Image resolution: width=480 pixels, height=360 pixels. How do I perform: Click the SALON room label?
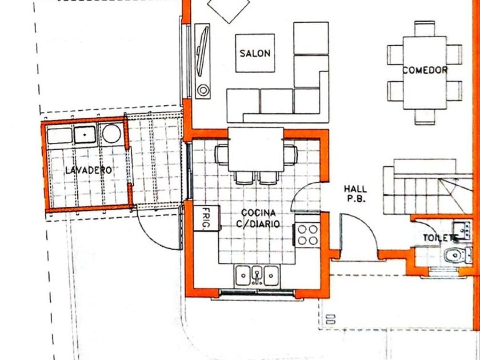[x=255, y=54]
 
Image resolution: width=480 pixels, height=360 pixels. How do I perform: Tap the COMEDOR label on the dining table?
[x=425, y=70]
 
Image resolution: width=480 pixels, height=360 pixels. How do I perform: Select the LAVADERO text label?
[x=89, y=170]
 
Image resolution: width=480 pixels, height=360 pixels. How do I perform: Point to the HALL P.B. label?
[x=355, y=194]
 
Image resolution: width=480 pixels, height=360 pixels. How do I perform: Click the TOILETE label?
[x=441, y=238]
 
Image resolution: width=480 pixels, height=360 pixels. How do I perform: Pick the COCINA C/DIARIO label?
[x=258, y=218]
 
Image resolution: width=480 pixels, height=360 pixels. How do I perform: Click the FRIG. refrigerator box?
[x=207, y=218]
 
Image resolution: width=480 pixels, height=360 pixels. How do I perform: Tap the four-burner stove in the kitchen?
[x=307, y=235]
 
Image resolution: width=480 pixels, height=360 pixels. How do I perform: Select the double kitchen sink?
[x=257, y=276]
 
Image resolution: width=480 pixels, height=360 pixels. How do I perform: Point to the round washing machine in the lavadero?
[x=111, y=134]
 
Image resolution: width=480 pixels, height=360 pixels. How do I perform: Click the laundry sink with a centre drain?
[x=85, y=135]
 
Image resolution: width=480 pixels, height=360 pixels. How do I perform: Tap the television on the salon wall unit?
[x=203, y=51]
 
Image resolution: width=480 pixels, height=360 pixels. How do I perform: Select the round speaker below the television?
[x=203, y=90]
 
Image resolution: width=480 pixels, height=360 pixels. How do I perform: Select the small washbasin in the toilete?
[x=462, y=230]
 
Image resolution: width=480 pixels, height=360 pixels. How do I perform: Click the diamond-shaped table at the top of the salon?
[x=229, y=9]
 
